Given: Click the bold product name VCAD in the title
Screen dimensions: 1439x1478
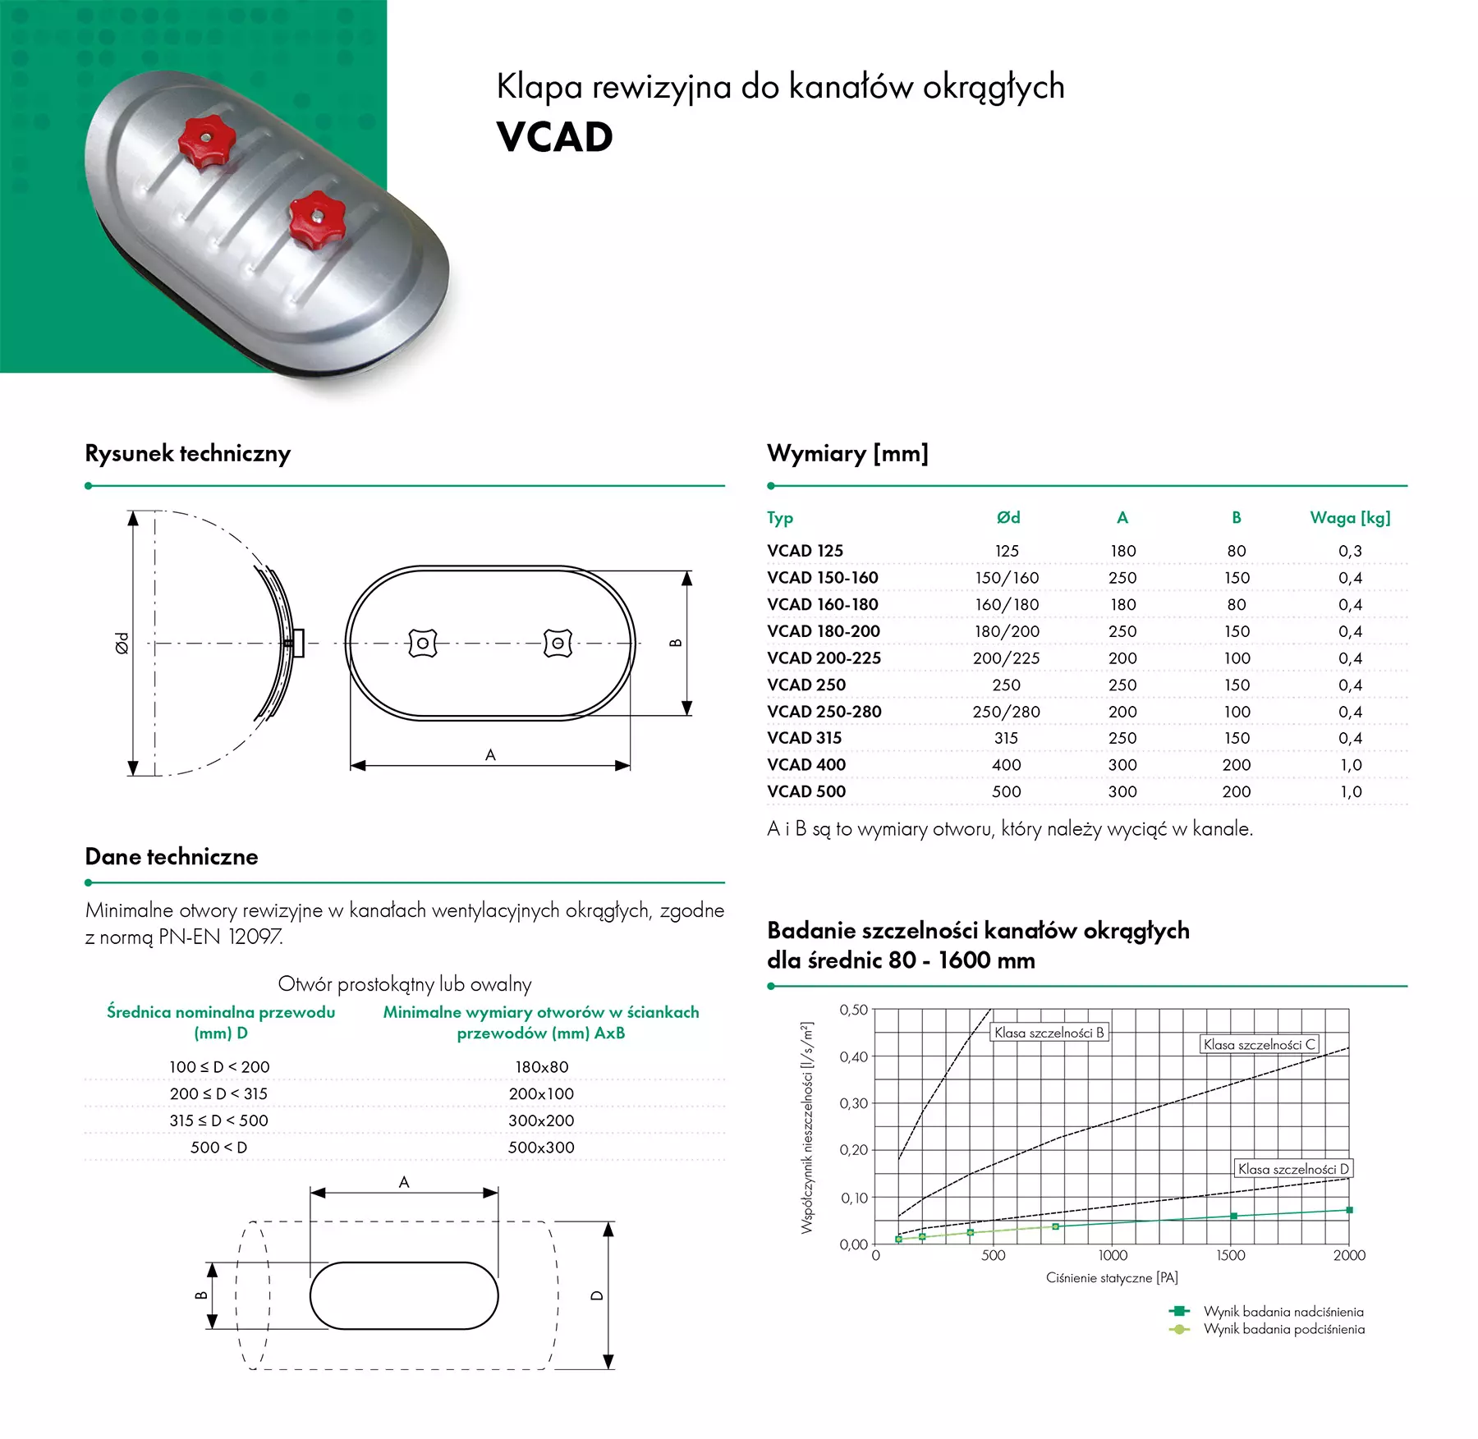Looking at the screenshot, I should [x=555, y=137].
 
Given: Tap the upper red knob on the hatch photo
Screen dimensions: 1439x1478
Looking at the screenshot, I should [x=206, y=142].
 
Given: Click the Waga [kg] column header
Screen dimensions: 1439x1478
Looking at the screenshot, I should [x=1350, y=518].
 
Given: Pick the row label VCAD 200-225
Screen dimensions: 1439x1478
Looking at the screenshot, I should [x=824, y=658].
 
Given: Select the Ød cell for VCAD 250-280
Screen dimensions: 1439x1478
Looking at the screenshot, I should [x=1006, y=712].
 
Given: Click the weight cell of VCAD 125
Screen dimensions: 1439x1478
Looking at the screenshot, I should [x=1350, y=551].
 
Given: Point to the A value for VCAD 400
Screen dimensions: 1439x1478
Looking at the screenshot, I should [x=1122, y=765].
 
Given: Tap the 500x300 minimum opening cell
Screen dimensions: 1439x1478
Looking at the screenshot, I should [x=541, y=1148].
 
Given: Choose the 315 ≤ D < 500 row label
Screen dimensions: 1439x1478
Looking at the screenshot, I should [x=218, y=1120].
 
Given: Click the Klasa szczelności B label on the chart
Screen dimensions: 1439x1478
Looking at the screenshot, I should [x=1049, y=1033].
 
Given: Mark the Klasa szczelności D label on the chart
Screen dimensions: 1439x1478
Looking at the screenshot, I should [x=1292, y=1169].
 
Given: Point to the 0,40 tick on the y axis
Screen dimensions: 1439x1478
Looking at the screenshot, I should [x=853, y=1056].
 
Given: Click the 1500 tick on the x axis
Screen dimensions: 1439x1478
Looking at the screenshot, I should [x=1230, y=1255].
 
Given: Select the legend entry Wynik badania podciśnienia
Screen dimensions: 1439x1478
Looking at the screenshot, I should [x=1283, y=1329].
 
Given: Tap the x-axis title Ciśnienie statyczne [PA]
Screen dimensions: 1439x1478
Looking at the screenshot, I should [x=1112, y=1278].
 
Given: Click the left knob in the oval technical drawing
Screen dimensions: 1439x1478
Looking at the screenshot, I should [x=423, y=644].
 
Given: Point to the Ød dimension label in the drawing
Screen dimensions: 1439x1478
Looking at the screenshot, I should [x=122, y=643].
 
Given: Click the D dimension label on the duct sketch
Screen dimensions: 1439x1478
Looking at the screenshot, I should [x=597, y=1295].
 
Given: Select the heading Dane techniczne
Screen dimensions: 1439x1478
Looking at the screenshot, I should [x=172, y=857].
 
